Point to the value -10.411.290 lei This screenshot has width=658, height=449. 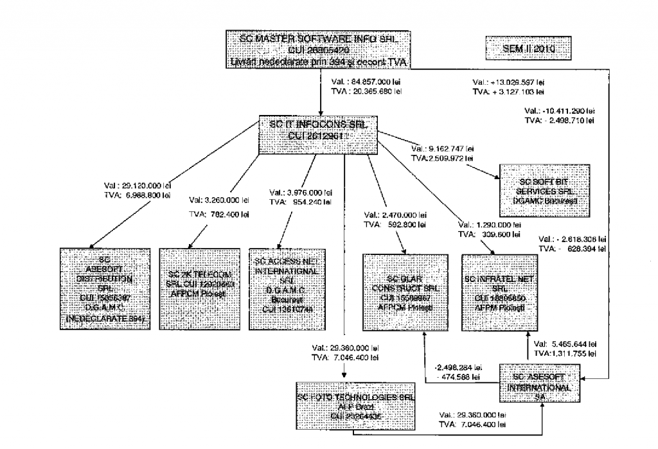565,110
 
